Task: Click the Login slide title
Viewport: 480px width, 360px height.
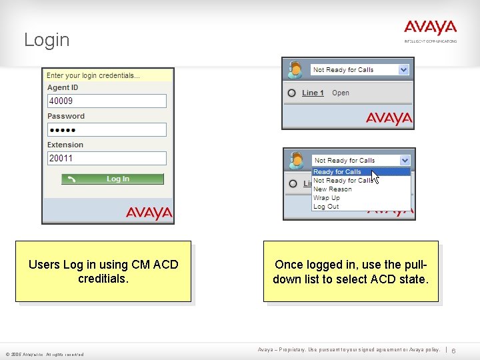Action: click(x=47, y=40)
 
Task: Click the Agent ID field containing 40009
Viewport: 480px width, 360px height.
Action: click(x=107, y=101)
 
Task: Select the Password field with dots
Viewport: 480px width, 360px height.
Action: click(x=107, y=130)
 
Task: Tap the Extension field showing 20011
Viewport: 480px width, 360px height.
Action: click(x=107, y=159)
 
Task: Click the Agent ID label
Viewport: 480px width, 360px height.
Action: click(x=63, y=87)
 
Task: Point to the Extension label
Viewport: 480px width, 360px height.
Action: click(x=65, y=145)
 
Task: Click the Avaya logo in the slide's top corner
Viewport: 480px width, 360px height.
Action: click(x=430, y=28)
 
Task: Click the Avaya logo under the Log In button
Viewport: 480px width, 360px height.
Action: click(x=149, y=213)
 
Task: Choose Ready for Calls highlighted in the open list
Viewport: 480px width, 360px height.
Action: click(x=337, y=172)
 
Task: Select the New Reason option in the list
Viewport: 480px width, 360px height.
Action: click(x=333, y=189)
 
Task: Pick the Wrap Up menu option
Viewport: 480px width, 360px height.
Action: click(x=327, y=198)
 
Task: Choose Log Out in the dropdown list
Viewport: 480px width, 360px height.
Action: click(x=326, y=207)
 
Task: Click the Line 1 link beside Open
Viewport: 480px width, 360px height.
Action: click(x=313, y=93)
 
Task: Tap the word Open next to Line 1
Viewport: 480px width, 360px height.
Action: click(x=341, y=93)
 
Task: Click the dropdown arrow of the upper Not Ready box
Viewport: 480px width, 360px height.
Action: click(x=403, y=69)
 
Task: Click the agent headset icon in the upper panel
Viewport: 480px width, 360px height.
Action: click(x=295, y=69)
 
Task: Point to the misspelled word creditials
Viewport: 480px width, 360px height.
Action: click(x=103, y=279)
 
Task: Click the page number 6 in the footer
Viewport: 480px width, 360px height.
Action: click(x=453, y=351)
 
